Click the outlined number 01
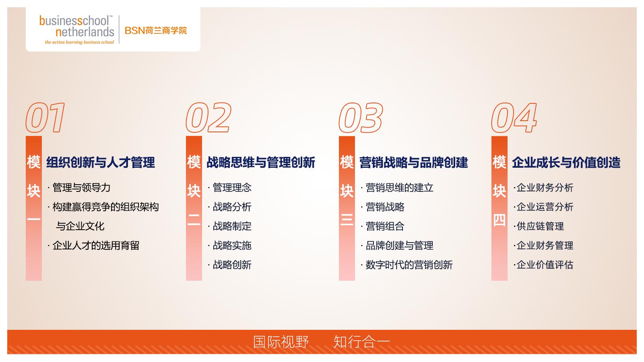pos(45,117)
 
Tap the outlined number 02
pos(208,117)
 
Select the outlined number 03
pos(361,117)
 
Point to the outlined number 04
pos(514,117)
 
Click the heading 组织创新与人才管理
pos(101,162)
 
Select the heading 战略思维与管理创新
pos(261,162)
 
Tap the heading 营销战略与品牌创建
pos(414,162)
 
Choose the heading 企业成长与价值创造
pos(566,162)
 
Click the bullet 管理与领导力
pos(81,187)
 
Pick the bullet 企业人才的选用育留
pos(96,245)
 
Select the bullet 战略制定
pos(232,226)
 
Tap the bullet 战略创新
pos(232,265)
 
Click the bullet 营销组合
pos(385,226)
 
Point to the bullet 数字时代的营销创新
pos(409,265)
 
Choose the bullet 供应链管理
pos(540,226)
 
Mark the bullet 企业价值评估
pos(545,265)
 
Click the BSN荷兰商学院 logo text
pos(156,31)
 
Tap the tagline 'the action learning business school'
pos(79,42)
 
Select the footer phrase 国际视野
pos(281,342)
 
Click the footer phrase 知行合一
pos(361,342)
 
